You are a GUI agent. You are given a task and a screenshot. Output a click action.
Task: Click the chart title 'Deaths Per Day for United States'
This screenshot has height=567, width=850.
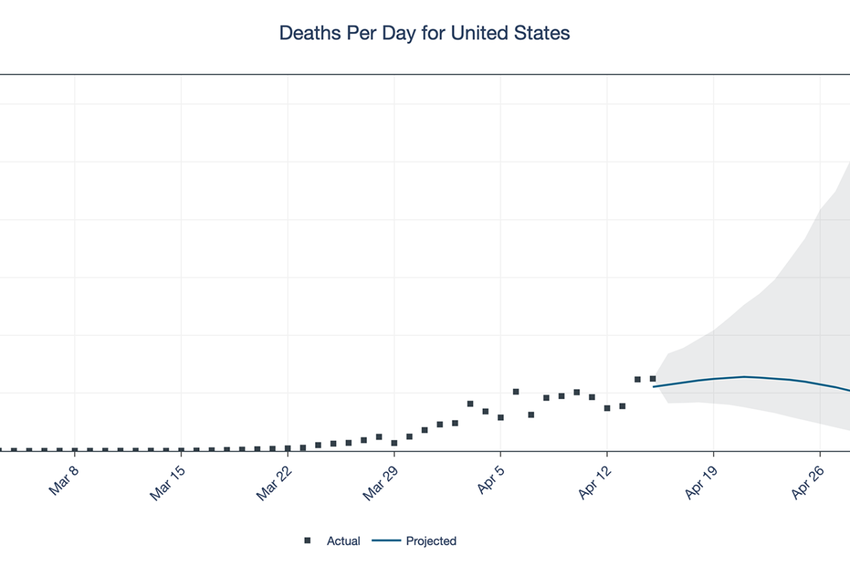(x=424, y=33)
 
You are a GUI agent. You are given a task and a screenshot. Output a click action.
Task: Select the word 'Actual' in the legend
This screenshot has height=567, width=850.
(x=343, y=541)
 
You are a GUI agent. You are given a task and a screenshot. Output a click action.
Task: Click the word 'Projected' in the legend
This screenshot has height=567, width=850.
(x=431, y=541)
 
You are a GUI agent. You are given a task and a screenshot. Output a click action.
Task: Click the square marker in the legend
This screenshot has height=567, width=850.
(x=307, y=541)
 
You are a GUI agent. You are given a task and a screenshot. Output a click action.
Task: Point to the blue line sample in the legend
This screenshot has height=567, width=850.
(x=386, y=541)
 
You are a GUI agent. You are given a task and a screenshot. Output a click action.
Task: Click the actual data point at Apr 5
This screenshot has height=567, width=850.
(x=501, y=417)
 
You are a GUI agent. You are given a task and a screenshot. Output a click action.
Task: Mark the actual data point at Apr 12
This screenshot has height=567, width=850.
(x=607, y=408)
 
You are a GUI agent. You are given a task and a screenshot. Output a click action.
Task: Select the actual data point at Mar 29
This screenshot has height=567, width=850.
(x=395, y=442)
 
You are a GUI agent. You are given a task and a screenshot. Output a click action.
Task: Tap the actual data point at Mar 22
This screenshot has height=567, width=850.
(x=288, y=448)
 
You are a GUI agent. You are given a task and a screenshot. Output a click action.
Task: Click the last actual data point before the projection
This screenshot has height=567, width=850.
(x=653, y=379)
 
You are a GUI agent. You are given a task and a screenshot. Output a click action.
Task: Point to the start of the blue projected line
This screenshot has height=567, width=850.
(x=654, y=386)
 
